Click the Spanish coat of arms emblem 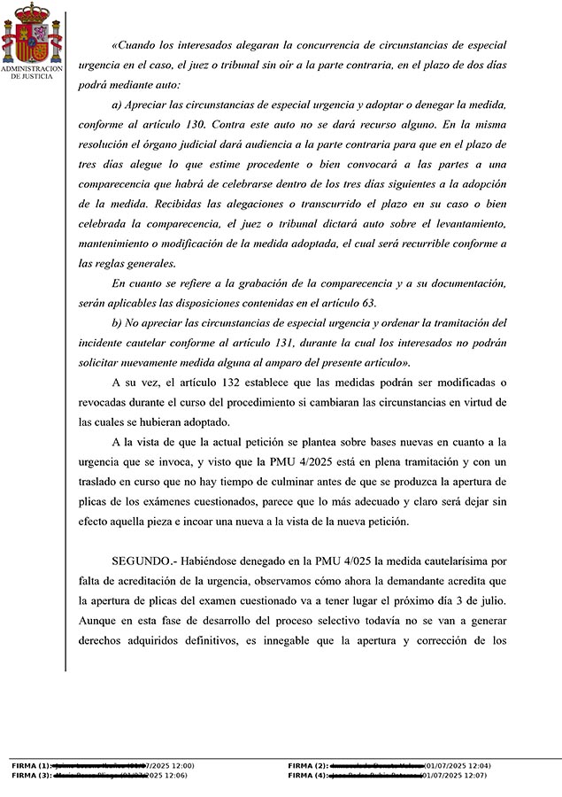[x=32, y=33]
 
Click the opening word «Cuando [x=136, y=46]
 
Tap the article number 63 [x=366, y=304]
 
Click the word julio [x=491, y=602]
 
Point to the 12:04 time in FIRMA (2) [x=477, y=765]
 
